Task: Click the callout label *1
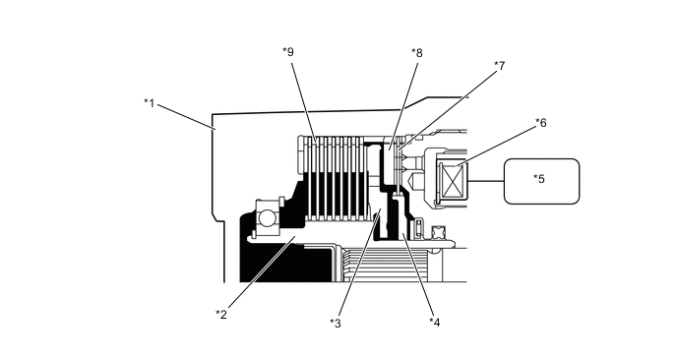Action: pos(149,103)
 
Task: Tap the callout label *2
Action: pos(221,314)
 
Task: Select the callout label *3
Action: pos(335,323)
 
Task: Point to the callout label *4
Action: pos(434,322)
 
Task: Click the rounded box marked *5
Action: pos(542,181)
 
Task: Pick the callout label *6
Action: pos(541,123)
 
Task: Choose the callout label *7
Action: pos(500,66)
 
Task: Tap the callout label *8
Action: pos(417,53)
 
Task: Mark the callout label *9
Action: pos(288,52)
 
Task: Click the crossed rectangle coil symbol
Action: pos(452,181)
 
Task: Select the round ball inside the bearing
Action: pos(267,217)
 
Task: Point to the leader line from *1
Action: pos(186,116)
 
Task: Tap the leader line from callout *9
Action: pos(304,102)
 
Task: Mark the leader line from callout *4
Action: pos(417,275)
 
